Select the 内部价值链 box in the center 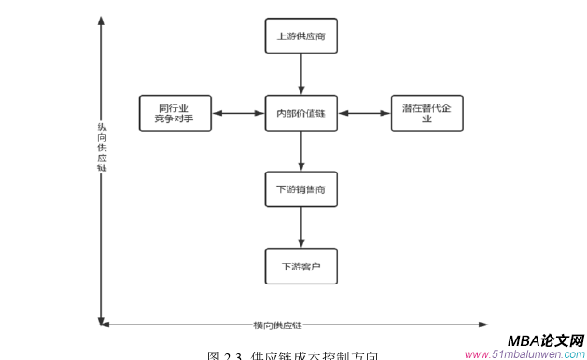point(300,113)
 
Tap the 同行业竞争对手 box point(175,113)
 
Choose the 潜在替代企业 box point(426,113)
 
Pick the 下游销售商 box point(300,189)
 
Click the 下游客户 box point(300,266)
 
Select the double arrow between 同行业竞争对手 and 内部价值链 point(238,113)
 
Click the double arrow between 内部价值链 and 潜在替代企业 point(364,113)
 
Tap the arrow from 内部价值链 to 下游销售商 point(300,151)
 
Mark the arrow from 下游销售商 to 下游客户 point(300,228)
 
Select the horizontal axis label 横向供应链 point(277,325)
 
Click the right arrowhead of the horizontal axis point(482,325)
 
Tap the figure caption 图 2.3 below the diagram point(292,355)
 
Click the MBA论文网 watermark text point(546,340)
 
